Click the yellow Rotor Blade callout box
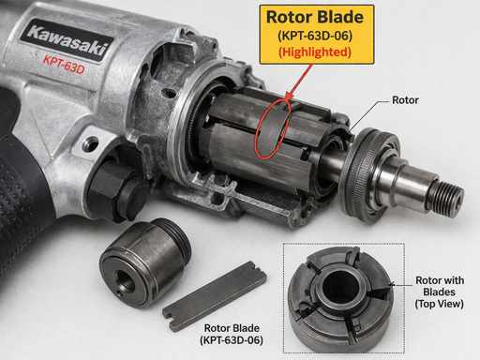pyautogui.click(x=316, y=34)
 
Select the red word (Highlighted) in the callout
pyautogui.click(x=316, y=52)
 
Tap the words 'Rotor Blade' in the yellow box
pyautogui.click(x=316, y=17)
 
